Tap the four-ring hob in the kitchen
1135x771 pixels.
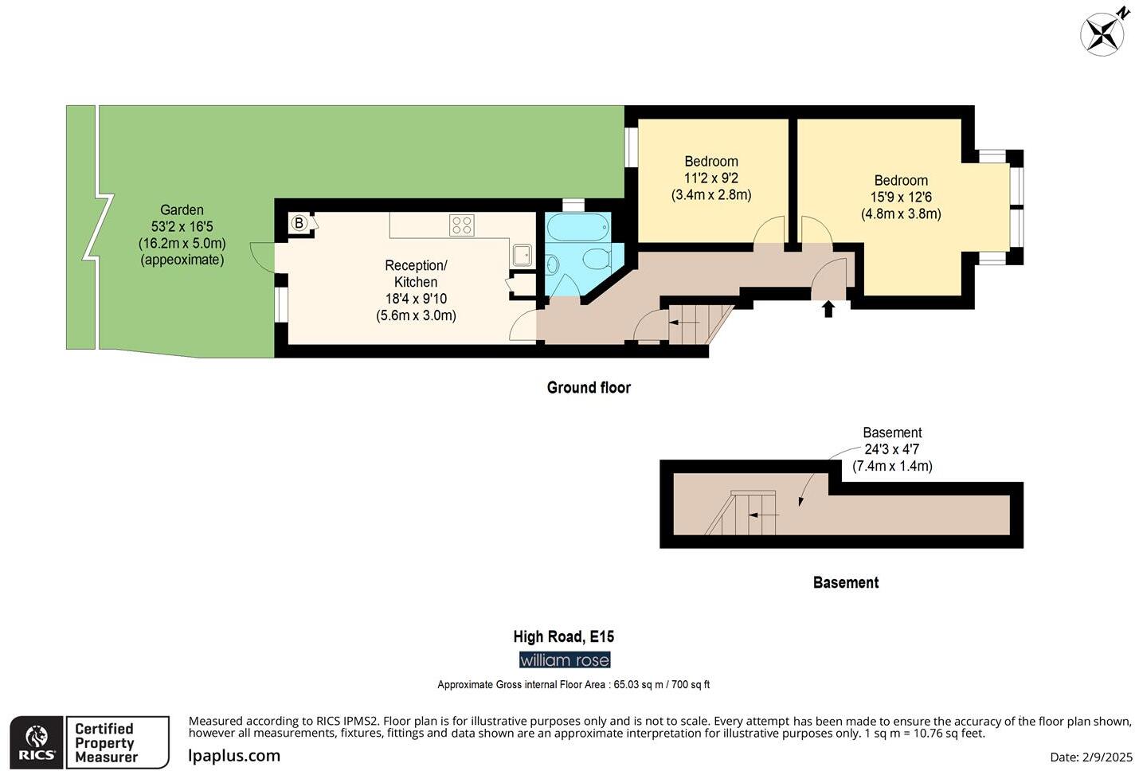pos(462,225)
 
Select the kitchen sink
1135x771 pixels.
pos(522,255)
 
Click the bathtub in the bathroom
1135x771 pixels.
pos(577,227)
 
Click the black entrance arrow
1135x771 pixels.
pos(828,309)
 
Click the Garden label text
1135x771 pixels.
pos(182,209)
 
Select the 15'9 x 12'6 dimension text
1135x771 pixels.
pos(901,197)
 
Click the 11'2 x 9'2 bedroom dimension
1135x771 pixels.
pos(711,178)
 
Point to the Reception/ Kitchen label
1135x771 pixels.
pos(416,273)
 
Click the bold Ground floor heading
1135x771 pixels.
pos(589,388)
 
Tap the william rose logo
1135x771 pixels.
pos(565,660)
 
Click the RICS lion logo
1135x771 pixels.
pos(37,742)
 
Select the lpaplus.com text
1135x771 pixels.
pos(234,756)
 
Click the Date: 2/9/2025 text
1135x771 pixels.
pos(1091,757)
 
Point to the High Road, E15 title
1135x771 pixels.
pos(563,636)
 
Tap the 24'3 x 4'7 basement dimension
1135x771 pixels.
pos(892,449)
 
